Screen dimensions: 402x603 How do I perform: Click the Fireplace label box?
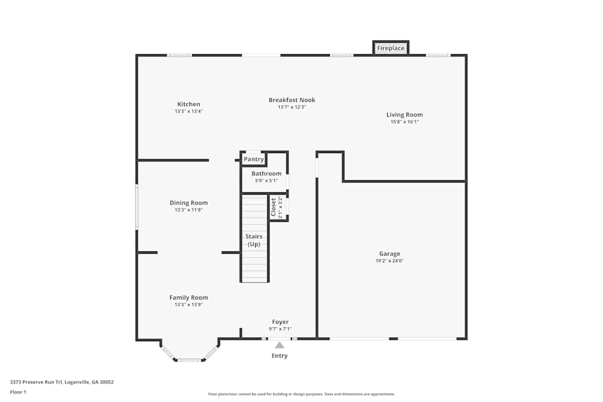click(x=391, y=48)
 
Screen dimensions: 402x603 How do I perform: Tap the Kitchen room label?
click(x=189, y=104)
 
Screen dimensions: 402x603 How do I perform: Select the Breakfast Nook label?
click(x=292, y=100)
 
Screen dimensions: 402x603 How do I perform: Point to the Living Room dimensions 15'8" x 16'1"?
click(x=405, y=122)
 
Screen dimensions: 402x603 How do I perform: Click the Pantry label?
click(x=254, y=159)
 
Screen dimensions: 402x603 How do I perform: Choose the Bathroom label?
click(x=267, y=174)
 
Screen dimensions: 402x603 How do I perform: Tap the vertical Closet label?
click(x=273, y=207)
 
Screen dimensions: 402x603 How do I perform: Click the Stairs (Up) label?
click(x=254, y=240)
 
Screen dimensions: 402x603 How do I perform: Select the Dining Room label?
click(x=189, y=203)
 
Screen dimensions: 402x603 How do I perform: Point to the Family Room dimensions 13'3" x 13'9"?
click(x=189, y=305)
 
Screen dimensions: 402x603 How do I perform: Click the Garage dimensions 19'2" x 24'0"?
click(x=390, y=261)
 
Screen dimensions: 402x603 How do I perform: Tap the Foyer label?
click(x=280, y=322)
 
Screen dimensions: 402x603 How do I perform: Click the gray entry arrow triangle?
click(x=279, y=345)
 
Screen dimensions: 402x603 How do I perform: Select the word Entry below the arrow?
click(x=279, y=356)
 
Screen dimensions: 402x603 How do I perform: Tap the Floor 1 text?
click(x=18, y=392)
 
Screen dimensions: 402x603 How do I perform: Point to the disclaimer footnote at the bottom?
click(x=301, y=394)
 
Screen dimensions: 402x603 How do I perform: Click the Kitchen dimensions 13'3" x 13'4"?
click(x=189, y=111)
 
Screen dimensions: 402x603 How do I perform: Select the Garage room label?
click(x=390, y=254)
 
